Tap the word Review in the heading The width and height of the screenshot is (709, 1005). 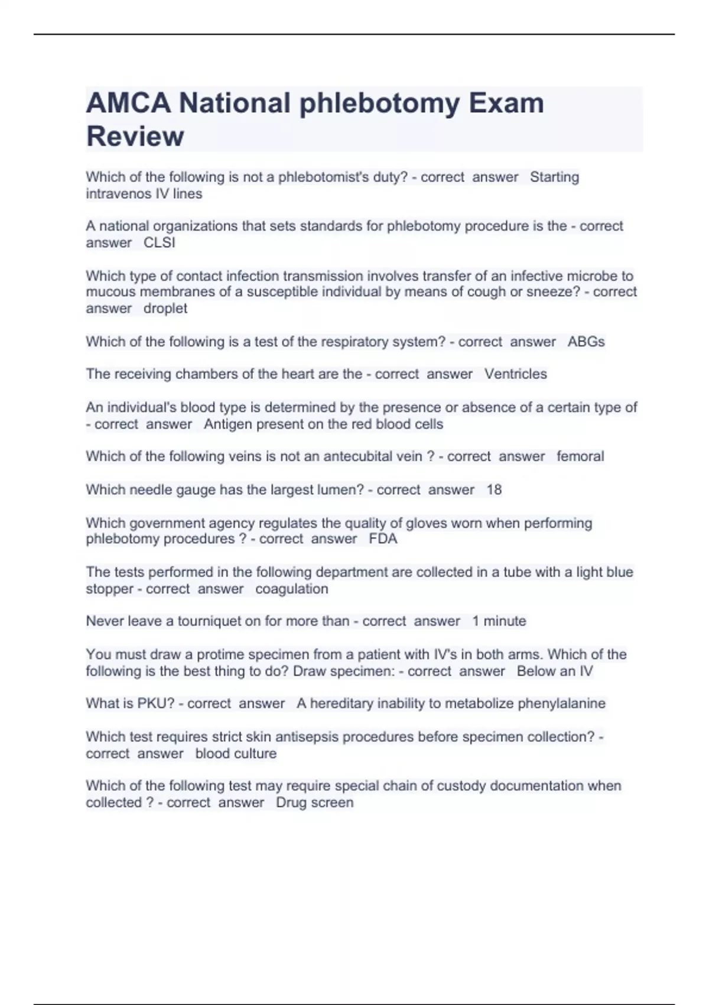[x=135, y=136]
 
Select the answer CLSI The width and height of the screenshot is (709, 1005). [x=160, y=243]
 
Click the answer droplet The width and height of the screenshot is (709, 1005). [x=165, y=309]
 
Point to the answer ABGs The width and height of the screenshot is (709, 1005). [x=586, y=342]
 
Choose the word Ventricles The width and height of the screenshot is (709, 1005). [x=516, y=374]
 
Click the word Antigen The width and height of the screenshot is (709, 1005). [x=226, y=424]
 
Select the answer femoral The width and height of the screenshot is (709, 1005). [x=580, y=456]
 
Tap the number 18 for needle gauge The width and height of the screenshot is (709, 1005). [x=494, y=489]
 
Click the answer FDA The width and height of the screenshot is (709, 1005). [x=383, y=539]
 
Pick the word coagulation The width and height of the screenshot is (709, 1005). [x=291, y=589]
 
